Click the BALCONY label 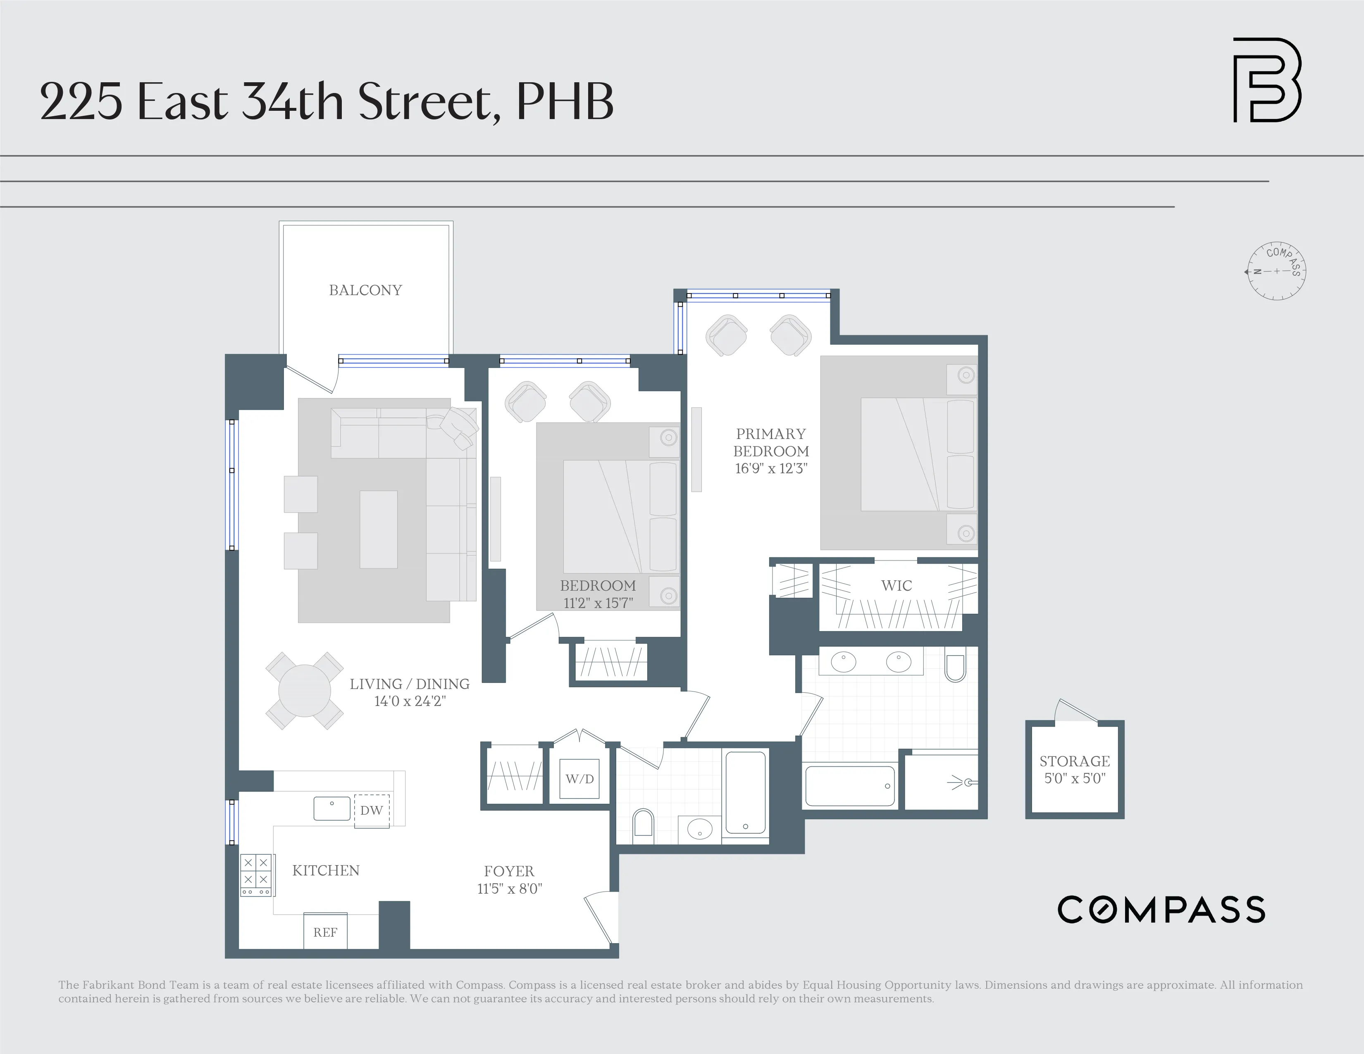pos(365,290)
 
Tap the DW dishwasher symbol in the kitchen pos(372,811)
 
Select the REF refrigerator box pos(325,932)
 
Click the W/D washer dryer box pos(579,779)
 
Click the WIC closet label pos(896,586)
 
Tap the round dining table pos(304,691)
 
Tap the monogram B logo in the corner pos(1266,80)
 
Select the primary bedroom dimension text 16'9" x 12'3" pos(771,468)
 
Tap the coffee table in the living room pos(379,529)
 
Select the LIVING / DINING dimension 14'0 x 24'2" pos(410,701)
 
